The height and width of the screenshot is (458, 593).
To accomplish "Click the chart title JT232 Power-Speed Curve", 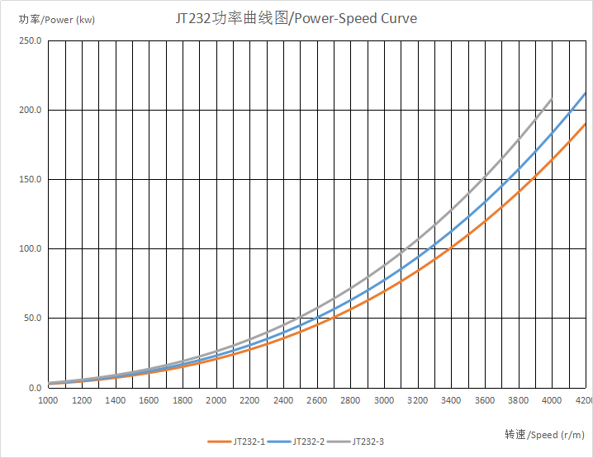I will (x=296, y=18).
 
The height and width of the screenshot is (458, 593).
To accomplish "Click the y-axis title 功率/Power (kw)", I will (x=56, y=20).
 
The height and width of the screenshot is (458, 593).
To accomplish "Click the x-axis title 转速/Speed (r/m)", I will (x=544, y=435).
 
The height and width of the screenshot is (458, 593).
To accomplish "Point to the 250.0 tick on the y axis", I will (x=31, y=41).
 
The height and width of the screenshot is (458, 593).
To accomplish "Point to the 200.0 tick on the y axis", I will (x=31, y=111).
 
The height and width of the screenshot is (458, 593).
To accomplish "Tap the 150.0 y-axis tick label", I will (x=31, y=180).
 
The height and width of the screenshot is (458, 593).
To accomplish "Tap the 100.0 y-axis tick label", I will (x=31, y=249).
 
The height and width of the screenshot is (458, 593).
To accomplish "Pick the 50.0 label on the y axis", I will (x=32, y=319).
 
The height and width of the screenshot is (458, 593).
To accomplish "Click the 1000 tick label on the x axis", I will (x=48, y=400).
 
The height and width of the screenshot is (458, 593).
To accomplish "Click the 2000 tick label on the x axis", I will (x=216, y=400).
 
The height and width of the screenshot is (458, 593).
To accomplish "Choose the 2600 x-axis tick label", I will (x=316, y=400).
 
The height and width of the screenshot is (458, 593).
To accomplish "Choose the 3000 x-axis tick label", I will (x=383, y=400).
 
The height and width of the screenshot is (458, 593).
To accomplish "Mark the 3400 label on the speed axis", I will (x=451, y=400).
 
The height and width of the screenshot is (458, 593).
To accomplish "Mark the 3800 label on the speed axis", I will (x=518, y=400).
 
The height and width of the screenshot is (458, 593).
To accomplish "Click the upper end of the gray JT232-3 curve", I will (x=551, y=100).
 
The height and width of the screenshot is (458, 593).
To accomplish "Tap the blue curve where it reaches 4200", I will (x=584, y=94).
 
